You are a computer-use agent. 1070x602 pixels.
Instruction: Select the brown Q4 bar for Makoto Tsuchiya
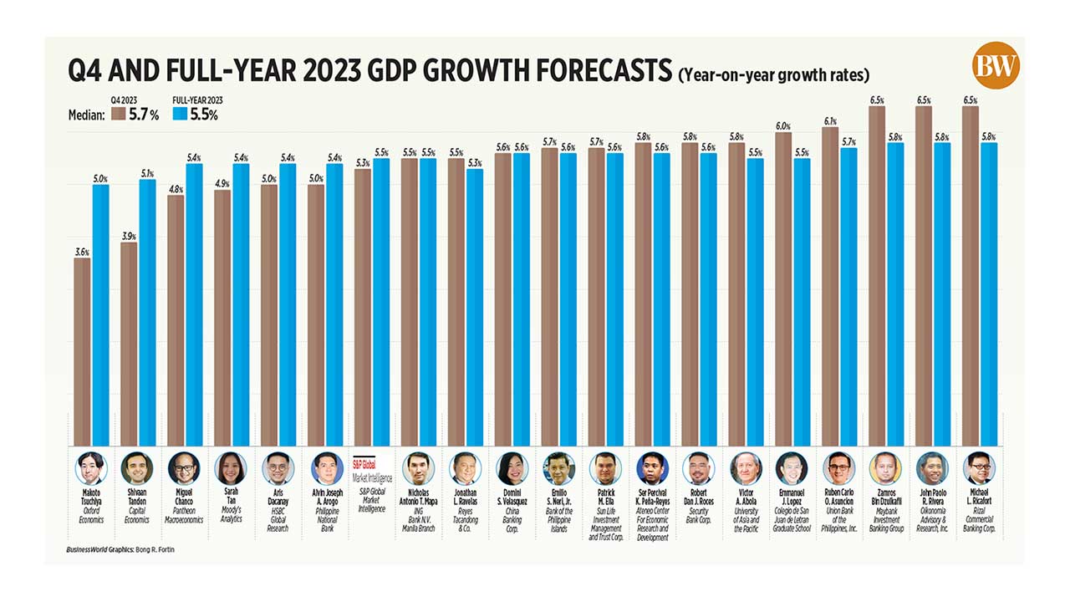(x=83, y=351)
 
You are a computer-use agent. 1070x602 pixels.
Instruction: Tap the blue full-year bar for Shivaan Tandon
(x=148, y=309)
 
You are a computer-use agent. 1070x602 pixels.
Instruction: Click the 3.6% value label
(x=82, y=252)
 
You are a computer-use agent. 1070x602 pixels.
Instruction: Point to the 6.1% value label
(x=831, y=120)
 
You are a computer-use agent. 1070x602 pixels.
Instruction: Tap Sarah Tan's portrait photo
(x=229, y=469)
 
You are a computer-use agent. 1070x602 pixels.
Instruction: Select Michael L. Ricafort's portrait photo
(x=977, y=469)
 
